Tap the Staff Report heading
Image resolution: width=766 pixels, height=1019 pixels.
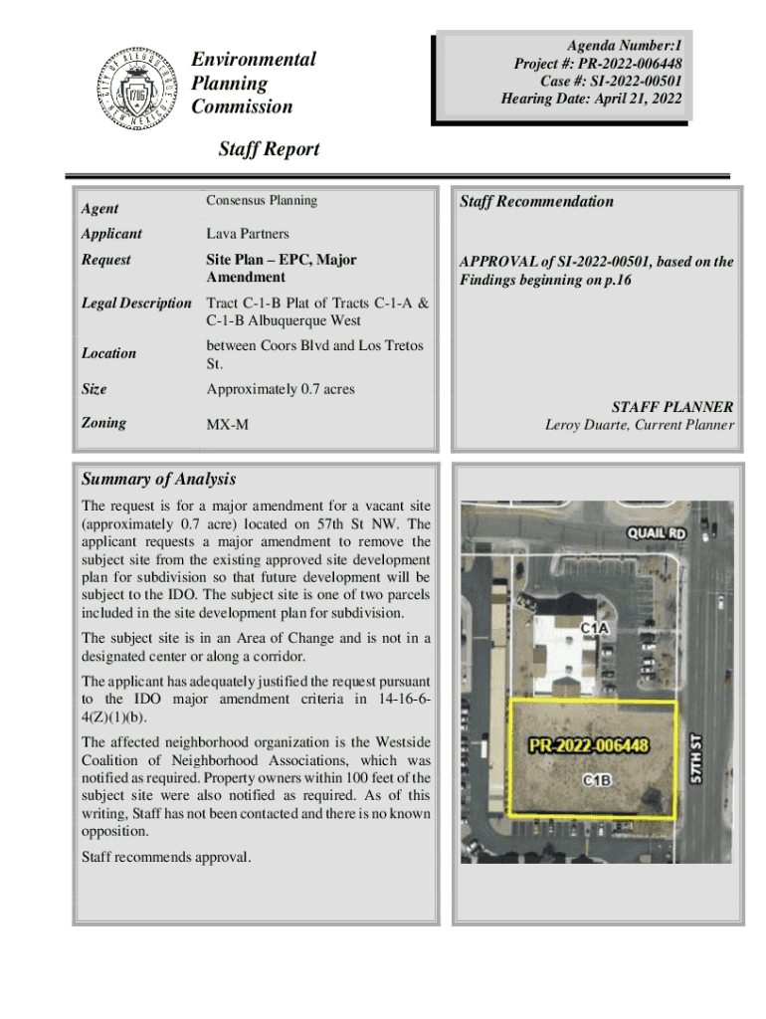(269, 149)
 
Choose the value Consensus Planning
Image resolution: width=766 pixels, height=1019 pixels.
(262, 200)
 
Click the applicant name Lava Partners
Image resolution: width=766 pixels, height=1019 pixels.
(248, 234)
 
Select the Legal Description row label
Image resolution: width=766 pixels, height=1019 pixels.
(136, 303)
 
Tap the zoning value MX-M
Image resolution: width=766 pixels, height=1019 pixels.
(227, 425)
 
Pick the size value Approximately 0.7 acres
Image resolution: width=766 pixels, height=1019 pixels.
(280, 389)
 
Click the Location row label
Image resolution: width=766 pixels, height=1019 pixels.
(109, 353)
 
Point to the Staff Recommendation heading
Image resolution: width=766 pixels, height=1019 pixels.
(536, 202)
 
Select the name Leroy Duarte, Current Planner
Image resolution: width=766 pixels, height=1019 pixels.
(639, 426)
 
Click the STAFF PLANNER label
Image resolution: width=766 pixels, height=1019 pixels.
(672, 407)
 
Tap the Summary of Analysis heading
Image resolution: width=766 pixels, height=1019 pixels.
(158, 480)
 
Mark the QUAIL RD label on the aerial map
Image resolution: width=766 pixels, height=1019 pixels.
(656, 534)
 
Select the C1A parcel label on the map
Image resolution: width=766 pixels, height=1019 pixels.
(595, 628)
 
